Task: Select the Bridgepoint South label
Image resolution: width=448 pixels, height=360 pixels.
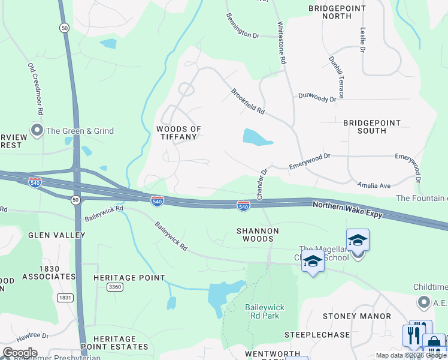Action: [x=371, y=127]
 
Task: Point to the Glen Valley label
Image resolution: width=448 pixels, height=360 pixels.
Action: [x=56, y=235]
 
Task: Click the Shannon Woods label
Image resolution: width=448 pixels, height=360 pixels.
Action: [x=258, y=234]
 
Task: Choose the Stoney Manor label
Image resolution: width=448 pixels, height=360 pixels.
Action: [x=356, y=316]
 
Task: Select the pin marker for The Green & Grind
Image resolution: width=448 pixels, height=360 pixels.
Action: [x=37, y=130]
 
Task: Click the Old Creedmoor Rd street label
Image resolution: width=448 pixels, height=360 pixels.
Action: [x=35, y=89]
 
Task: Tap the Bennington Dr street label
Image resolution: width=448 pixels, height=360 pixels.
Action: [x=243, y=26]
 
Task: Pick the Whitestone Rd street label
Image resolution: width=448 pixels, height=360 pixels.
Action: [x=281, y=44]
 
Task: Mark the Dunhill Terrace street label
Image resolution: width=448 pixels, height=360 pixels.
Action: [x=335, y=77]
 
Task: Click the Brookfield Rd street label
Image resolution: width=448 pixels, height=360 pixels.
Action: [x=248, y=101]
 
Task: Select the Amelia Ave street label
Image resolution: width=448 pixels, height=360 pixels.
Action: [x=374, y=186]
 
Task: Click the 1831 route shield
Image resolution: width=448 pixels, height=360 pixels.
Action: [x=65, y=298]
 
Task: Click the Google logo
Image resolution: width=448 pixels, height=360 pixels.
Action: [x=19, y=353]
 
